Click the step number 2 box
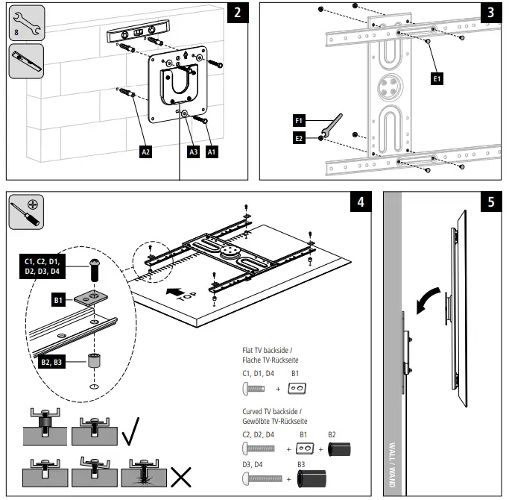[236, 13]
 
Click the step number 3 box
[490, 13]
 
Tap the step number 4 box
[361, 203]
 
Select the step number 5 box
[490, 203]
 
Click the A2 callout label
[146, 151]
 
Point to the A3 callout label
[192, 151]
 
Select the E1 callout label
[437, 77]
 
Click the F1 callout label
[298, 119]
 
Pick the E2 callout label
[298, 138]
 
